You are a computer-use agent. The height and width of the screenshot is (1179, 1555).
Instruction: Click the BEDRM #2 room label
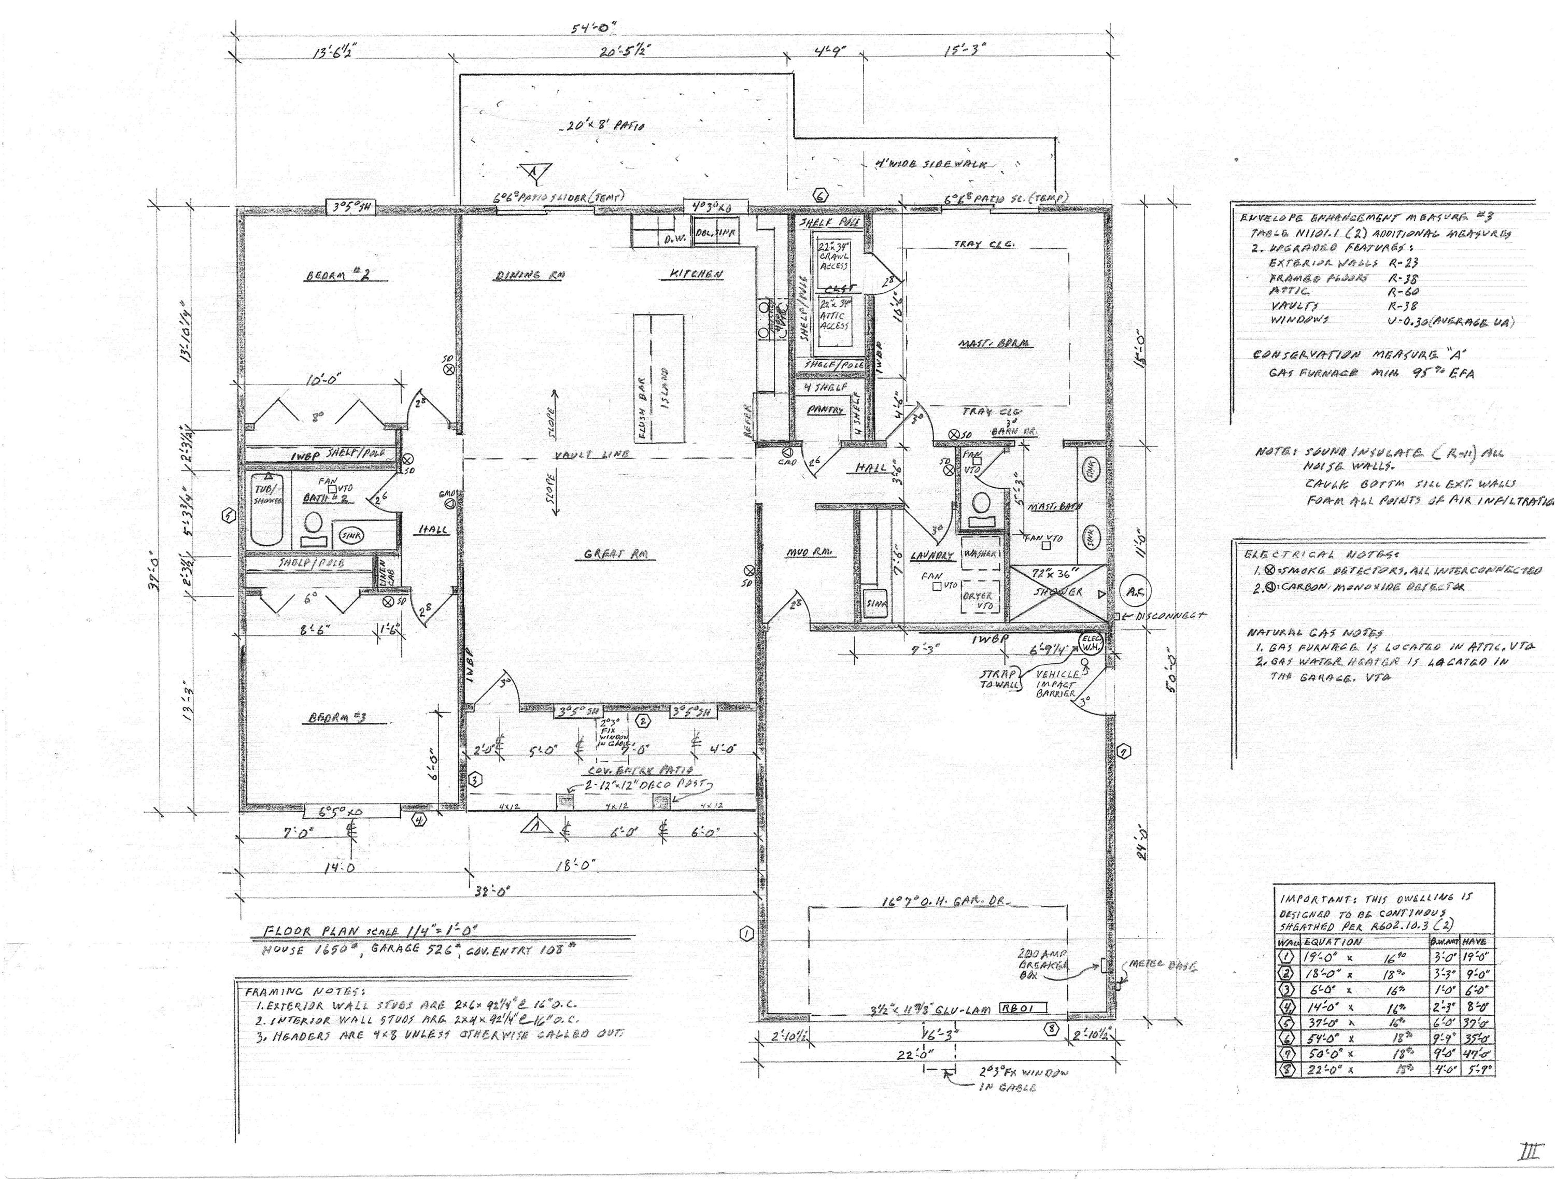pyautogui.click(x=347, y=276)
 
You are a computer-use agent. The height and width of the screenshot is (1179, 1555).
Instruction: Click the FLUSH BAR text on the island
pyautogui.click(x=642, y=415)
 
